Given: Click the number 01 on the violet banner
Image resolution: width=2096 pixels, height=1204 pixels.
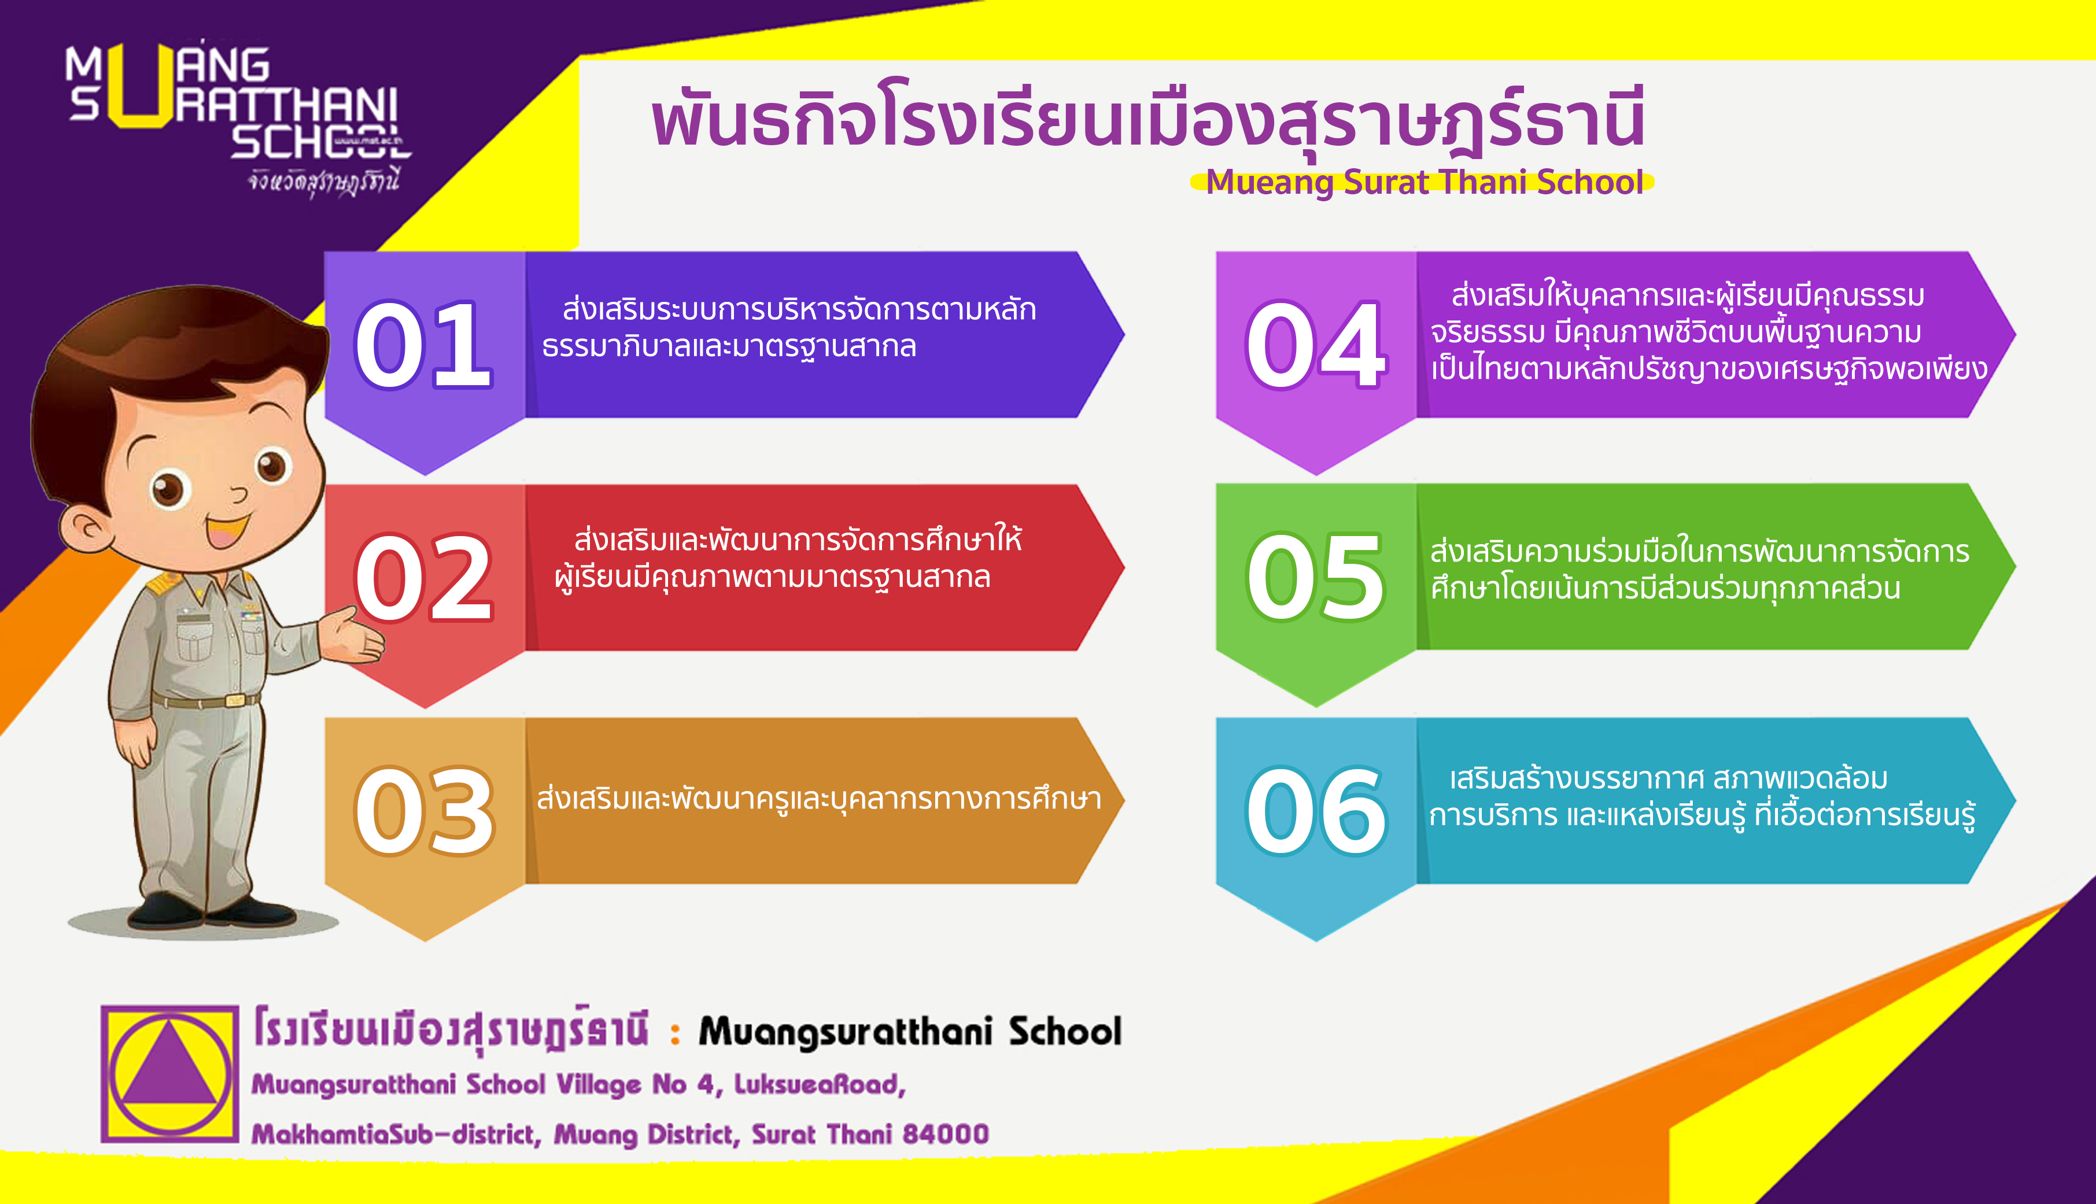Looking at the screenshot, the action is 423,344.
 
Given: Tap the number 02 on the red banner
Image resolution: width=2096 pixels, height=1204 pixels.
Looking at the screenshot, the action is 423,577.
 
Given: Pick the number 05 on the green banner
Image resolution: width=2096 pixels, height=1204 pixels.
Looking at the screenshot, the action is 1315,577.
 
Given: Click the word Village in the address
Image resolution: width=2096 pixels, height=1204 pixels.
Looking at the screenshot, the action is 598,1085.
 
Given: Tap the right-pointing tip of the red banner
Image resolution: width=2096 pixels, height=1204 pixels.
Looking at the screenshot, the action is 1124,568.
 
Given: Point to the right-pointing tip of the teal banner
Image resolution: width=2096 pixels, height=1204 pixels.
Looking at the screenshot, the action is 2016,800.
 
